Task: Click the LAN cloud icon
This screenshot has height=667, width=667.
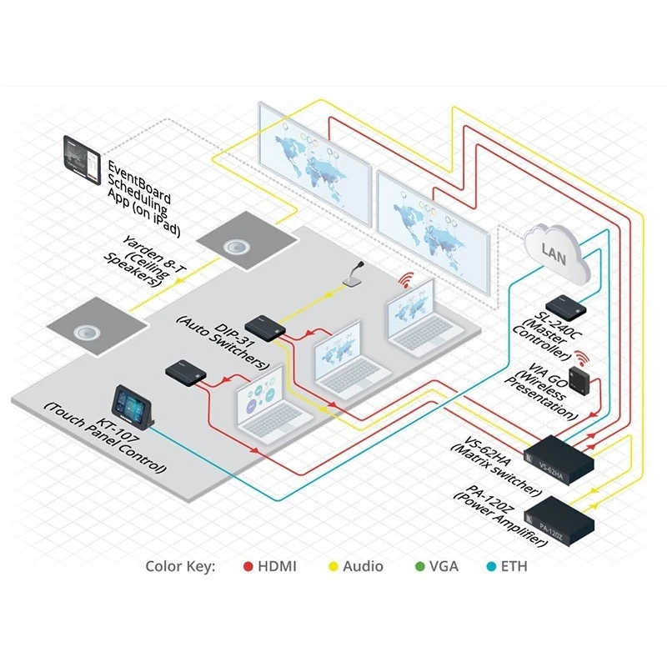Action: pos(555,251)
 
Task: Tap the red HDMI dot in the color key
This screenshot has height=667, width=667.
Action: pos(248,567)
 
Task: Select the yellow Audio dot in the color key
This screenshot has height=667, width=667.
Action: pos(333,567)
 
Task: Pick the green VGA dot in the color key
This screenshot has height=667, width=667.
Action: pos(419,567)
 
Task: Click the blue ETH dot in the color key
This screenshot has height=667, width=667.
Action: pos(490,567)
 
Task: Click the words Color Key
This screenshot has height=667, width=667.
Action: pos(181,567)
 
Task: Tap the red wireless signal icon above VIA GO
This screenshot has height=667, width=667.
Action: pos(580,356)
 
